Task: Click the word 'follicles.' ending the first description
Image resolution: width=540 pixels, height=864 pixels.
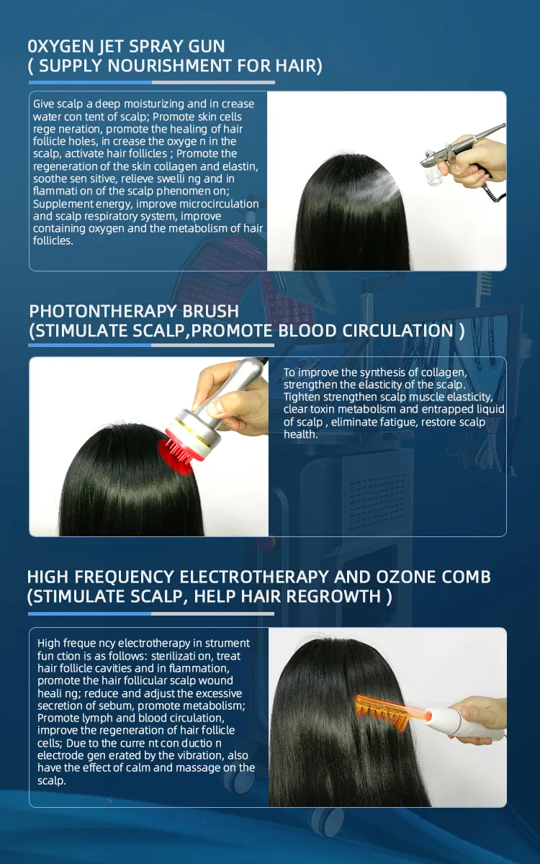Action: pyautogui.click(x=53, y=240)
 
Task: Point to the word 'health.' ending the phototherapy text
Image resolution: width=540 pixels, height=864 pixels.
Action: pyautogui.click(x=300, y=434)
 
